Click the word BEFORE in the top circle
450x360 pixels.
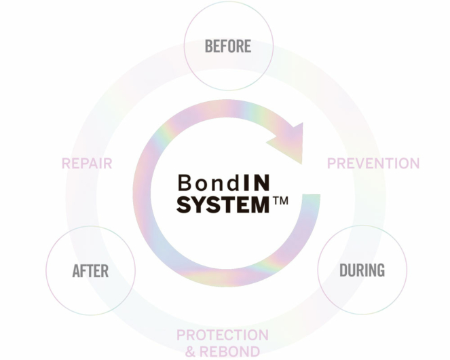(228, 46)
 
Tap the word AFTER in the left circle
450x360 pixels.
(90, 271)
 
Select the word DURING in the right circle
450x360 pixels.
(362, 270)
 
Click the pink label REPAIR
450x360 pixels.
(87, 164)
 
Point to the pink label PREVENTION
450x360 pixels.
(373, 164)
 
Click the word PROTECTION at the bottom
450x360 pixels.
(223, 336)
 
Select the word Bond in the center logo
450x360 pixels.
(201, 183)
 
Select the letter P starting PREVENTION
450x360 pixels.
(331, 164)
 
